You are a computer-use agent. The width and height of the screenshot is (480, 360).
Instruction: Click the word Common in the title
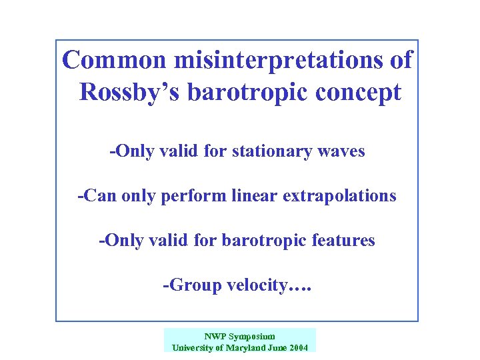pos(114,60)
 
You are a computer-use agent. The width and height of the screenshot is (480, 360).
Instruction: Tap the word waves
pos(343,151)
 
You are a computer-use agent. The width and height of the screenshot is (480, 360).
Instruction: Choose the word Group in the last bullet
pos(188,285)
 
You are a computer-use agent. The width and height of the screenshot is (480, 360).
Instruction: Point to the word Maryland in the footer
pos(251,347)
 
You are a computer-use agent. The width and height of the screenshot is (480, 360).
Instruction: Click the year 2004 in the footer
pos(299,347)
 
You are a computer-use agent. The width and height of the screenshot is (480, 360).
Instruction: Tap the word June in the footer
pos(279,347)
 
